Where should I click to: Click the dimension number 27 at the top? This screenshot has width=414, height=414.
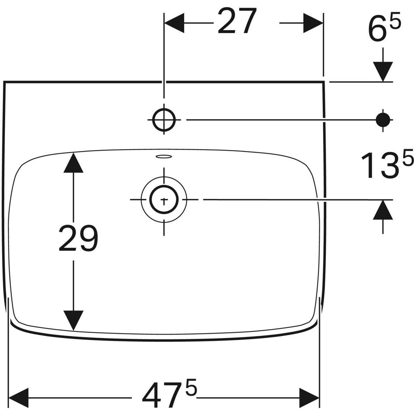tap(237, 21)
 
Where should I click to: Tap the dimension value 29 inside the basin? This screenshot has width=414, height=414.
tap(78, 238)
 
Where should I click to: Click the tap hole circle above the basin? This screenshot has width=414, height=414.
tap(164, 120)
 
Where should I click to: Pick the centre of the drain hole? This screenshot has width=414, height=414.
tap(164, 200)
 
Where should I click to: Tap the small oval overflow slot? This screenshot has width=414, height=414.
tap(164, 156)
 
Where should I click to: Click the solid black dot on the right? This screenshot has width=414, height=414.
tap(383, 120)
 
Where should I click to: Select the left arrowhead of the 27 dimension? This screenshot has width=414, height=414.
tap(174, 23)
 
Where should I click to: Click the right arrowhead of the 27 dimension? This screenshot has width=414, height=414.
tap(313, 23)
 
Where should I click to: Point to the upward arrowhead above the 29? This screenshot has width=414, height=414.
tap(73, 162)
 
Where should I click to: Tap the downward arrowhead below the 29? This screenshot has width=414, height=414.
tap(73, 320)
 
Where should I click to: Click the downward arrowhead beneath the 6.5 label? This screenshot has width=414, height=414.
tap(383, 72)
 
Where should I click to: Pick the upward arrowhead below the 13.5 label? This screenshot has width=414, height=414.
tap(383, 210)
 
